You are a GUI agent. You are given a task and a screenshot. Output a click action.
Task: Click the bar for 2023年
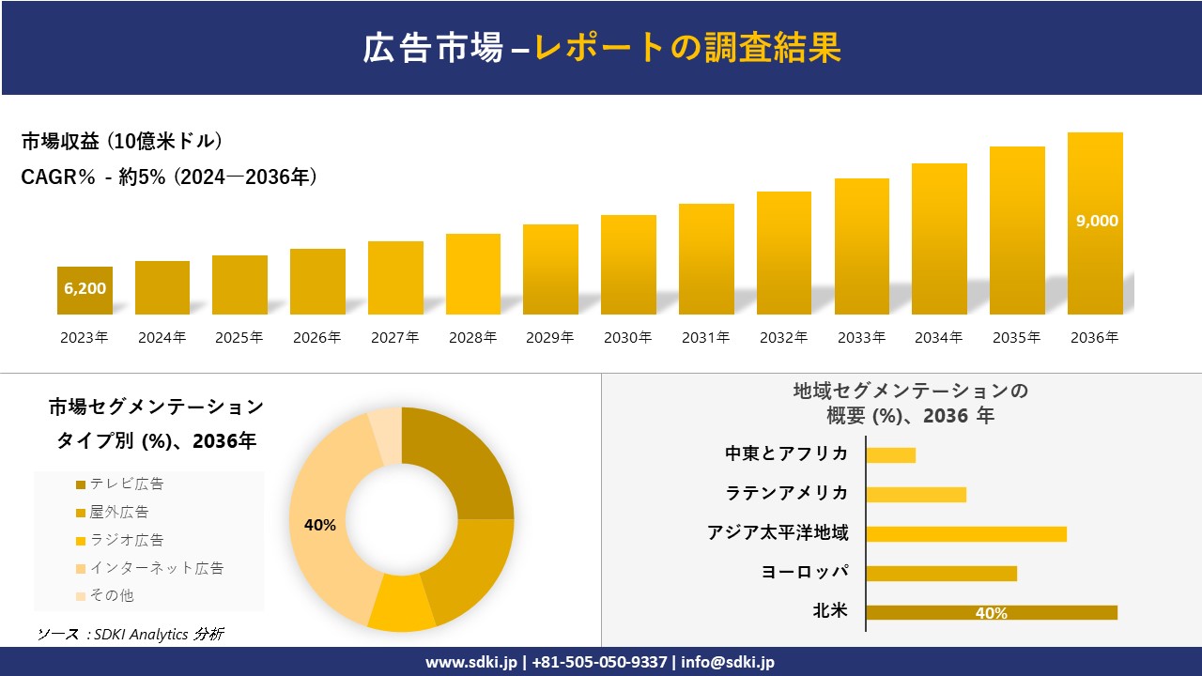point(85,291)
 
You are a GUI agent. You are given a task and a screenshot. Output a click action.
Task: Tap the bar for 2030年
point(628,265)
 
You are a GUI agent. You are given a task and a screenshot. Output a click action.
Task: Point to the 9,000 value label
point(1096,221)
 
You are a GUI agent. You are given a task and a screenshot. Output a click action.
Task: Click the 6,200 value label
point(85,288)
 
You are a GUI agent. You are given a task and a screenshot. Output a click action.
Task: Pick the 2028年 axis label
point(472,338)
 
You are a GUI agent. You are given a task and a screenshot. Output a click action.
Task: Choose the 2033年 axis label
point(861,338)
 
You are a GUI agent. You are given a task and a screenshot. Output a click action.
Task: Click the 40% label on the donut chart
point(320,525)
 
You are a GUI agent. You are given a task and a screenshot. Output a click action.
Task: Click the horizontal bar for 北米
point(992,612)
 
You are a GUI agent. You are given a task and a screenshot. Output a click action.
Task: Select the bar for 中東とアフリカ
point(890,454)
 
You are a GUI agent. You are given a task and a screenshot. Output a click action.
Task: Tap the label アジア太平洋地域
point(778,533)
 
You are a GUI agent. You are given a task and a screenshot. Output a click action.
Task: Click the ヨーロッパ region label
point(805,573)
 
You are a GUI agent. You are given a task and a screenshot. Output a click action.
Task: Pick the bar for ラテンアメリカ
point(916,494)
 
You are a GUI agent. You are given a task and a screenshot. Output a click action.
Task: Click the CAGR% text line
point(169,177)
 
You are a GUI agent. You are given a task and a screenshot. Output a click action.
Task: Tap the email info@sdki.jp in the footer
point(728,662)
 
